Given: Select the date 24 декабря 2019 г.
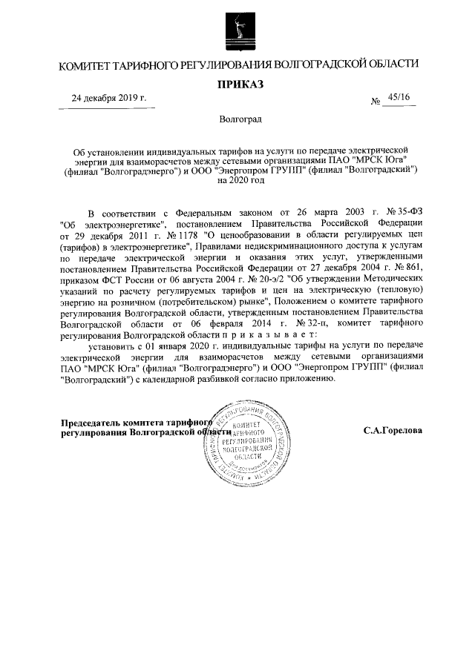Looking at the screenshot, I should (x=108, y=99).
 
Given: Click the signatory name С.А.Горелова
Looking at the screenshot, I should (x=392, y=431).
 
